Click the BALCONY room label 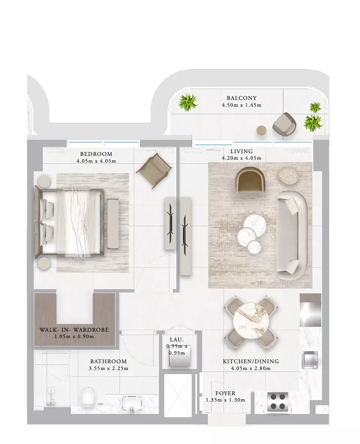[x=242, y=98]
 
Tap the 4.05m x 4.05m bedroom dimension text [x=96, y=161]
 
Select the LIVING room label [x=241, y=151]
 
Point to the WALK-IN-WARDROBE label [x=74, y=329]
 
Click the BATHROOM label [x=109, y=361]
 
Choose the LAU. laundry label [x=177, y=340]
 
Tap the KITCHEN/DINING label [x=251, y=361]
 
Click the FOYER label [x=225, y=393]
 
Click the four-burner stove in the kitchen [x=278, y=402]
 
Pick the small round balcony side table [x=262, y=130]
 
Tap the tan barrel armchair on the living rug [x=250, y=180]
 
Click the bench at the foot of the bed [x=113, y=224]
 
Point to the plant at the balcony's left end [x=188, y=102]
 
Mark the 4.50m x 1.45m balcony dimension [x=242, y=105]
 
